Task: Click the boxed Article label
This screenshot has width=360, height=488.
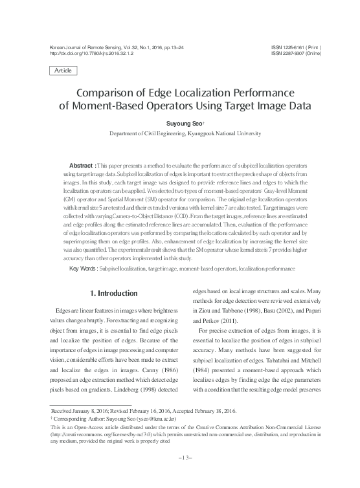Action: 63,69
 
